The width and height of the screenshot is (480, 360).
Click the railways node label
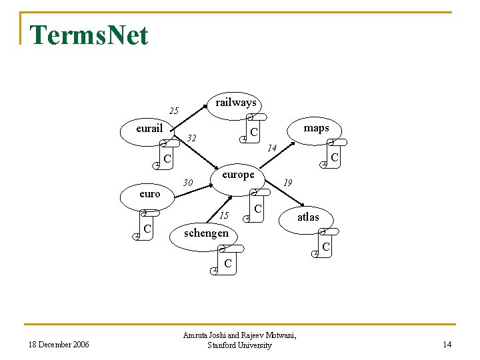236,103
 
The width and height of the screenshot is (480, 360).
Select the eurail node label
149,128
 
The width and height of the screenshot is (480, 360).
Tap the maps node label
316,128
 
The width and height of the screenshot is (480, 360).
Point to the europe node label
238,175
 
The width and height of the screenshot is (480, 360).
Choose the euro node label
150,194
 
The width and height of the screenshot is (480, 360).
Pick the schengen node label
206,233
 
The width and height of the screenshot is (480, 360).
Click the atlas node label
308,217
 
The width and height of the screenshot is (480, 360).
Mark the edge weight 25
174,111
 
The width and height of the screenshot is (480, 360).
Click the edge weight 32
193,139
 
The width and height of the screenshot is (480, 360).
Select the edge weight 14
271,148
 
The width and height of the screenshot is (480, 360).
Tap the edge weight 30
188,183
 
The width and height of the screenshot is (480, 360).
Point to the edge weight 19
288,182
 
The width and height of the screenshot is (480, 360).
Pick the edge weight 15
225,215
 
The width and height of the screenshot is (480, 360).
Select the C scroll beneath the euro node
148,229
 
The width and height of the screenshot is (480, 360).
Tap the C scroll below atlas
325,246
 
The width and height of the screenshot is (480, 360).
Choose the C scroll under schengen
227,263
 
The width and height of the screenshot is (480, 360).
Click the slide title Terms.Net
89,35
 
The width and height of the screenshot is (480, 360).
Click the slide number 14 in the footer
447,345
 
